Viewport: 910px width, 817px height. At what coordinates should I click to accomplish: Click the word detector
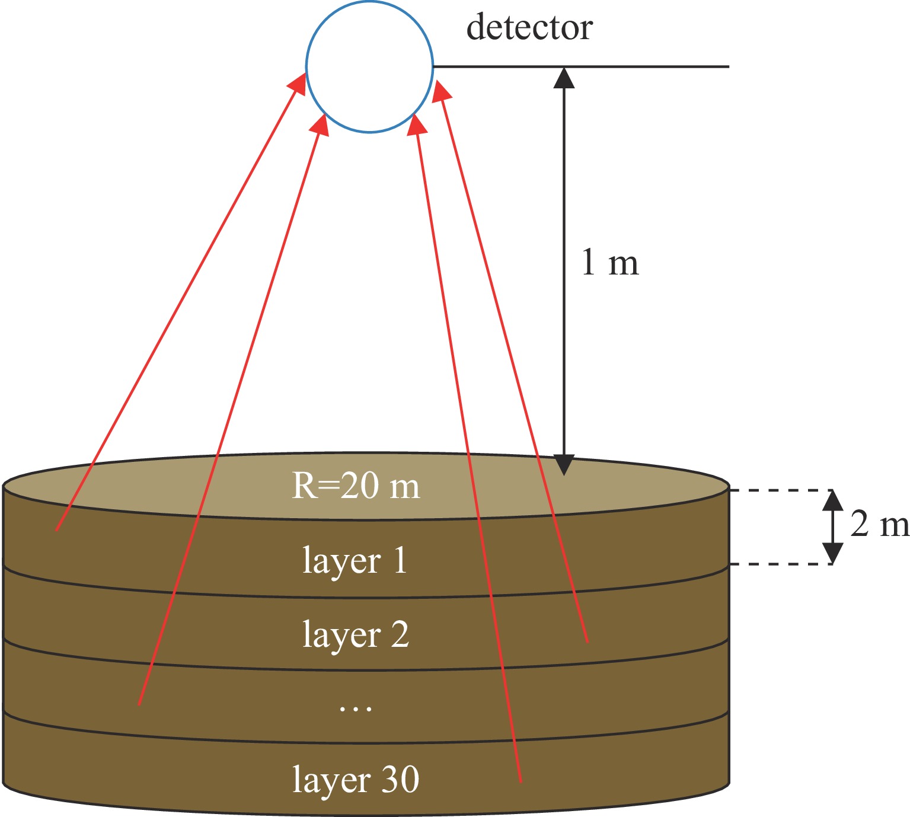(x=529, y=28)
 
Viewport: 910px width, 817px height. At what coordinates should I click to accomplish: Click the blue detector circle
(x=369, y=66)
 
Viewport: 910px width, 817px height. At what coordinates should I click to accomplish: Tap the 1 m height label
(x=610, y=263)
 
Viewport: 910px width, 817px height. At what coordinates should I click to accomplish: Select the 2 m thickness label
(x=879, y=525)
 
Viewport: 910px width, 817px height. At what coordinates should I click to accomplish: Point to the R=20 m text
(x=356, y=486)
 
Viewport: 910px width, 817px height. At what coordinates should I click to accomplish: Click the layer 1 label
(x=355, y=560)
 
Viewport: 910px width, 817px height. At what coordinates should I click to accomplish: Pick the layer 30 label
(x=356, y=780)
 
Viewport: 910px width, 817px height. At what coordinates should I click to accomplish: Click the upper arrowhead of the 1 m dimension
(x=564, y=78)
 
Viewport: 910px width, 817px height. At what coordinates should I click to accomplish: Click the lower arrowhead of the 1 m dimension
(x=564, y=464)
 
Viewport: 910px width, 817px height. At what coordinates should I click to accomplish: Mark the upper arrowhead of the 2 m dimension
(x=833, y=501)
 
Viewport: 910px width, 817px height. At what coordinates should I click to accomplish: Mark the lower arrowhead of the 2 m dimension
(x=833, y=553)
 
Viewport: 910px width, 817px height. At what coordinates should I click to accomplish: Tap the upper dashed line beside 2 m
(x=777, y=490)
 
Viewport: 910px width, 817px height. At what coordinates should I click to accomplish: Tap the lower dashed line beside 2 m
(x=777, y=564)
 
